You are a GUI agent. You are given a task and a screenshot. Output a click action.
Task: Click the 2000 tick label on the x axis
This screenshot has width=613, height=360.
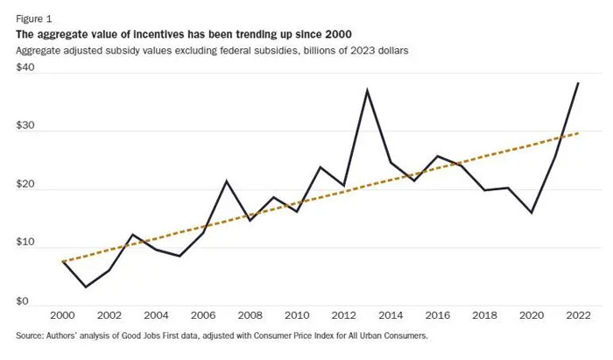pyautogui.click(x=63, y=316)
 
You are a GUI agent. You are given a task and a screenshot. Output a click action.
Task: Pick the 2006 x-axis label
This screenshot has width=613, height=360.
pyautogui.click(x=203, y=316)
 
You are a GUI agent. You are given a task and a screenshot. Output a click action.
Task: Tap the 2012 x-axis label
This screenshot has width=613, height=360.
pyautogui.click(x=343, y=316)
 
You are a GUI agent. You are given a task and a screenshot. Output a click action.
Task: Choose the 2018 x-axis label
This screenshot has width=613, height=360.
pyautogui.click(x=483, y=316)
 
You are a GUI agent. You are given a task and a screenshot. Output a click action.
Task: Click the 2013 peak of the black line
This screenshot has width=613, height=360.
pyautogui.click(x=367, y=90)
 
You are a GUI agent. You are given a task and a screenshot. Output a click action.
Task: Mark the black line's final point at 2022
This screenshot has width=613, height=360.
pyautogui.click(x=577, y=82)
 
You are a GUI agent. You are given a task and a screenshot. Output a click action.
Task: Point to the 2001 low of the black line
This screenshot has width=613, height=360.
pyautogui.click(x=86, y=286)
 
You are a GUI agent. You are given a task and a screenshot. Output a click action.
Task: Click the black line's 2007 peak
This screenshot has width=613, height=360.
pyautogui.click(x=227, y=181)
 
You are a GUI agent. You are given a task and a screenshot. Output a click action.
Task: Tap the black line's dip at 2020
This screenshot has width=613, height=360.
pyautogui.click(x=531, y=212)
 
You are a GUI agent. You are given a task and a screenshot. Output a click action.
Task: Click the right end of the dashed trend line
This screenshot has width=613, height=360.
pyautogui.click(x=577, y=133)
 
